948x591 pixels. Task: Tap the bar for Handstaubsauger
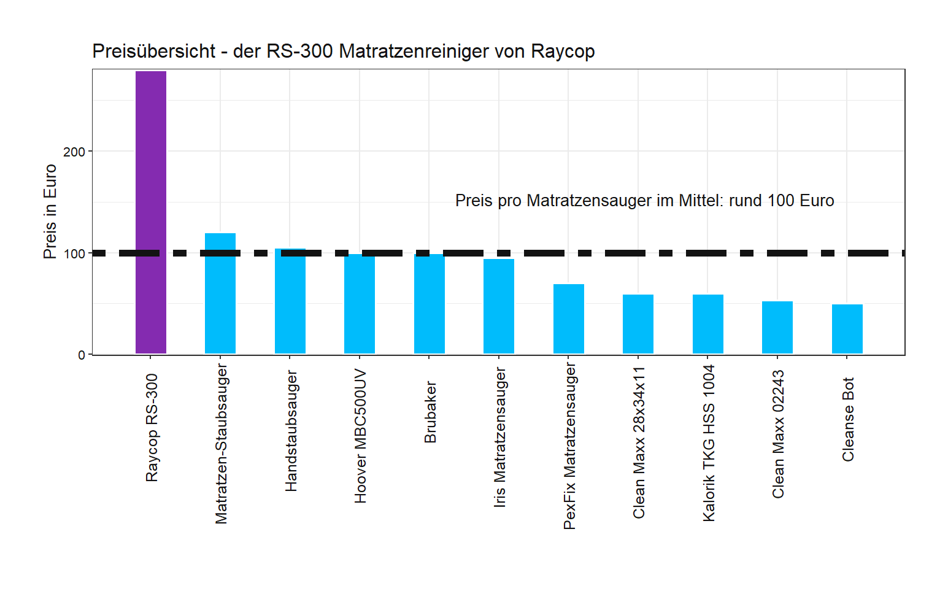coord(290,301)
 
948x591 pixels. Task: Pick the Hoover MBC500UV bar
coord(360,304)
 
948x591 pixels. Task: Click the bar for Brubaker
coord(429,304)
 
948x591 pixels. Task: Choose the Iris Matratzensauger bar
coord(499,306)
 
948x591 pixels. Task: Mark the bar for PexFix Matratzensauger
coord(568,319)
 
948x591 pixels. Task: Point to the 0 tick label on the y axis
coord(81,355)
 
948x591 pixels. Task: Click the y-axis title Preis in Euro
coord(50,212)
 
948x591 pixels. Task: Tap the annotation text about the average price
coord(644,201)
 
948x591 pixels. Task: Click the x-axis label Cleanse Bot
coord(848,419)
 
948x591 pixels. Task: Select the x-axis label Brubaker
coord(430,412)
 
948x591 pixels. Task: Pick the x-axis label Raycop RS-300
coord(152,428)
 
